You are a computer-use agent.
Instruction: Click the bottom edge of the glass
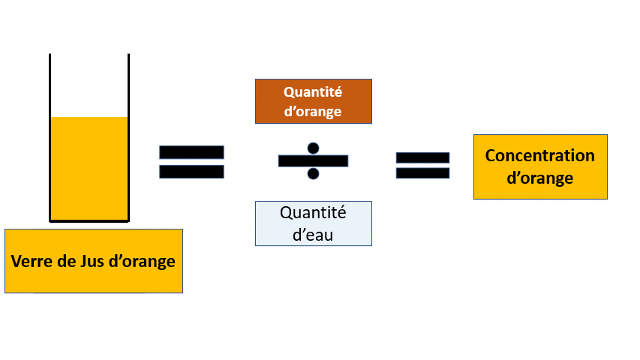[x=89, y=221]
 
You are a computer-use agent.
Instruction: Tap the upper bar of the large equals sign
[x=191, y=152]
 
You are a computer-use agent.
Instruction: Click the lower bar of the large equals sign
[x=191, y=172]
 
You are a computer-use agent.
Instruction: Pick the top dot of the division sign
[x=314, y=148]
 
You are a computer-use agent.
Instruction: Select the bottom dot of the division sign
[x=314, y=174]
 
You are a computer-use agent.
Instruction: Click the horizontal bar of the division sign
[x=314, y=160]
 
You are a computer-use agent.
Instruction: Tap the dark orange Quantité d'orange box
[x=314, y=101]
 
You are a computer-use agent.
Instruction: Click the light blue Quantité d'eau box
[x=314, y=223]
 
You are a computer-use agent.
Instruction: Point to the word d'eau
[x=313, y=234]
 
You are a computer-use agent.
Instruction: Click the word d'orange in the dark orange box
[x=313, y=112]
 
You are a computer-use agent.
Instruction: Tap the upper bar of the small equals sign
[x=422, y=157]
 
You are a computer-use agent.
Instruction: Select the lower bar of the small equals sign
[x=422, y=173]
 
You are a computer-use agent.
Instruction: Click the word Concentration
[x=539, y=156]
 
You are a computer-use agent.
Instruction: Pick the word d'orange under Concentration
[x=539, y=178]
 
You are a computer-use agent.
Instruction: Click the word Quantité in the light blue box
[x=313, y=212]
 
